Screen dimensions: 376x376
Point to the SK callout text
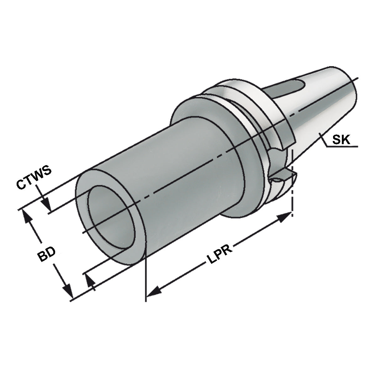341,139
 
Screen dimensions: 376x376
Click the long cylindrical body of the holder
175,175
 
